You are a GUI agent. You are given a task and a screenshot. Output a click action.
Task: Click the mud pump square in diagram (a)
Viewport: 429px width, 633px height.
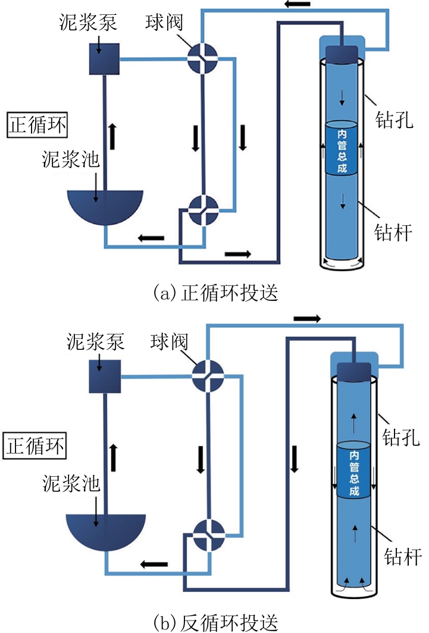click(104, 59)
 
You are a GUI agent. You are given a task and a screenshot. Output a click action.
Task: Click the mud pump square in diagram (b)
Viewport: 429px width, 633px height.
click(105, 377)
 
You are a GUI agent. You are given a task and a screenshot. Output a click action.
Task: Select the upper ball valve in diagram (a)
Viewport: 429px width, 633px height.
click(203, 58)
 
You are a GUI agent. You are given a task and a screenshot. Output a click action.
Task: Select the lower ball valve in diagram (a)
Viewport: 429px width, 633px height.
click(204, 210)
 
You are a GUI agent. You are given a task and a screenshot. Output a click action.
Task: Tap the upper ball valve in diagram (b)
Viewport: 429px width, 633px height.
click(208, 376)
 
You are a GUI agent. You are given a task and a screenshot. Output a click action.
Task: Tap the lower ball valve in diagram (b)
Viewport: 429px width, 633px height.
click(209, 535)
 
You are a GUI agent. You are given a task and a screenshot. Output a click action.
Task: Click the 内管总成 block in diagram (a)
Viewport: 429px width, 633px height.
click(342, 148)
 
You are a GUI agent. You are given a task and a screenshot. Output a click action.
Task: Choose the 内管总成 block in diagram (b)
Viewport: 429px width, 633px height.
click(353, 470)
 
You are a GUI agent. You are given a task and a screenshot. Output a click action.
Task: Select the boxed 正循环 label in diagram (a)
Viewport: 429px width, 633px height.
click(37, 125)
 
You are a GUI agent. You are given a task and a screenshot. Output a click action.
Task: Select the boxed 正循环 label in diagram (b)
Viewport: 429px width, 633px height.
click(35, 446)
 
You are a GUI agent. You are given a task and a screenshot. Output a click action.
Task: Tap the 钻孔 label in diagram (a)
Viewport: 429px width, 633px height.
click(394, 120)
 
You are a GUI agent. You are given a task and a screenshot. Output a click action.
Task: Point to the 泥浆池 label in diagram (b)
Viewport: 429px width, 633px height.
click(71, 483)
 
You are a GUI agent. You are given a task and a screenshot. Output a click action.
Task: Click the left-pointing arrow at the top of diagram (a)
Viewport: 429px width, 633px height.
click(298, 4)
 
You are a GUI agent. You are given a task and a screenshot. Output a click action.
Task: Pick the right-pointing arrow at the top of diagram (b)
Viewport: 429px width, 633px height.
click(308, 318)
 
